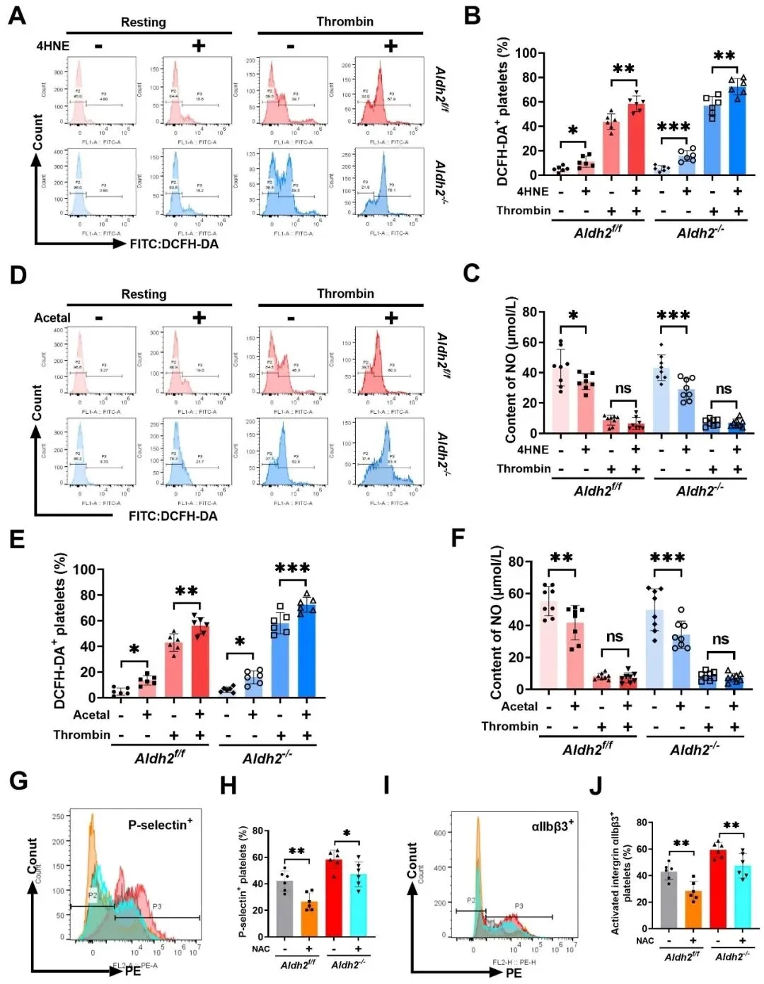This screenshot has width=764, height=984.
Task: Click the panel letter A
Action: point(16,15)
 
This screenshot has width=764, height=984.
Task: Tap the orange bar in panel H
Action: point(308,918)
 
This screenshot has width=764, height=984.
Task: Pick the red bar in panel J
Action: point(718,889)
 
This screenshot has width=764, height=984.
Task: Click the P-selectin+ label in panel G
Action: point(160,825)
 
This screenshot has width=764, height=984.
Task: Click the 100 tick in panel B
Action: point(525,53)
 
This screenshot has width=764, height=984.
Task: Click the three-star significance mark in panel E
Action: point(292,569)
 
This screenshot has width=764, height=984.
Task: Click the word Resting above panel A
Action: point(143,22)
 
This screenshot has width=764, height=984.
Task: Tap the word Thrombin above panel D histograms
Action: point(345,294)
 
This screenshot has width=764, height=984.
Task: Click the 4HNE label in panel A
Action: point(53,46)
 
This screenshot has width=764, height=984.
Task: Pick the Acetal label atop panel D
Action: point(52,318)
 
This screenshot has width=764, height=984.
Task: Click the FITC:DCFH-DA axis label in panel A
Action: point(174,244)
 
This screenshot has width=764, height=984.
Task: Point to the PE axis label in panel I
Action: point(514,973)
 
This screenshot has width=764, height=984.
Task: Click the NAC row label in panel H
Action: point(261,949)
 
